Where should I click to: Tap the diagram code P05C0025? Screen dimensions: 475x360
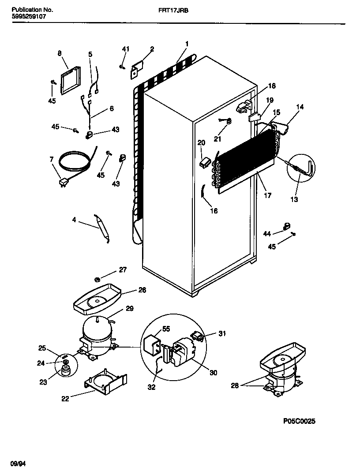point(299,421)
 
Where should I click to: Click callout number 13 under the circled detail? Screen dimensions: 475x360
point(294,199)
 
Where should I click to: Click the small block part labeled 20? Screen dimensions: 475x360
point(203,163)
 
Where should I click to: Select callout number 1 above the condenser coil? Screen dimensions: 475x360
point(187,44)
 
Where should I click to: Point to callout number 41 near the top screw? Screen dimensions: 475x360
point(126,49)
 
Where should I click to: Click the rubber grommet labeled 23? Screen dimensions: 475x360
point(66,372)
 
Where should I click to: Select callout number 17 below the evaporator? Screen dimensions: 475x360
point(268,195)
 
